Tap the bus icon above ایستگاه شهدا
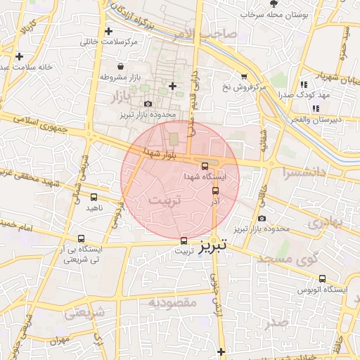[x=205, y=167]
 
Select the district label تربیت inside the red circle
[x=166, y=201]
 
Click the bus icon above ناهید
[x=94, y=198]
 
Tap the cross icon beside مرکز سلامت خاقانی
[x=108, y=32]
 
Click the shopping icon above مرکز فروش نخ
[x=243, y=76]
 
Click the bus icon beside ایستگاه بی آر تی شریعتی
[x=82, y=239]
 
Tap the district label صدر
[x=276, y=323]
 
